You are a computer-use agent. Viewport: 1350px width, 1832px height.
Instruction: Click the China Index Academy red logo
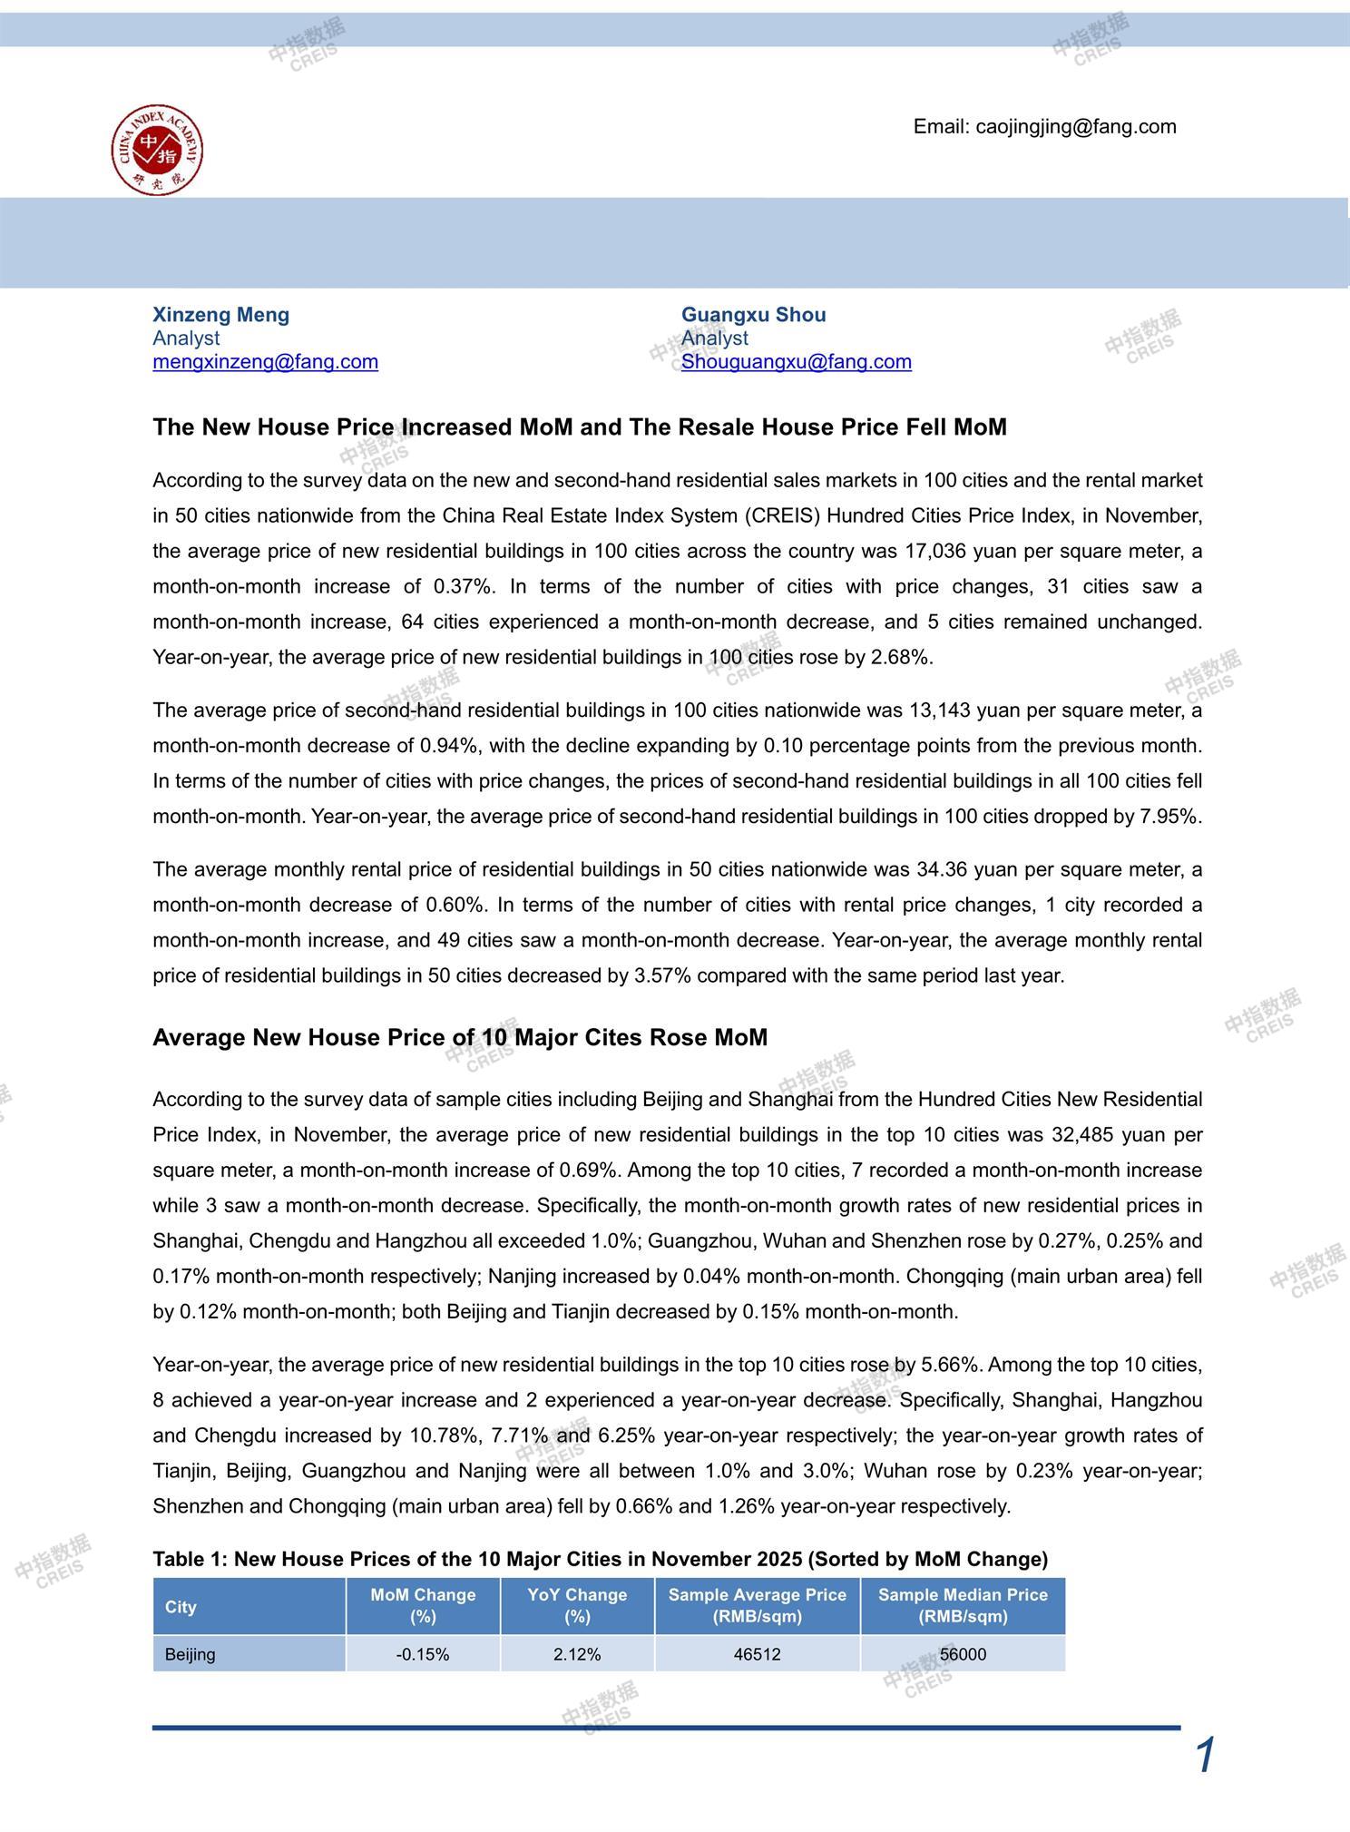coord(157,150)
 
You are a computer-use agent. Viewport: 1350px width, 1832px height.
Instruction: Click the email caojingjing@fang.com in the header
coord(1044,127)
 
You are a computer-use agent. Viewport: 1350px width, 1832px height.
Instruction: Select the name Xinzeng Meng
coord(220,315)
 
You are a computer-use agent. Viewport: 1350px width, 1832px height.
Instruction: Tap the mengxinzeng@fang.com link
coord(265,362)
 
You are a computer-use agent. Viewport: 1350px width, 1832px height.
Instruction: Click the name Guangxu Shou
coord(753,315)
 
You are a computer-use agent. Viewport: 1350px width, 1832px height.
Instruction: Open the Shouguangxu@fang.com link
coord(796,362)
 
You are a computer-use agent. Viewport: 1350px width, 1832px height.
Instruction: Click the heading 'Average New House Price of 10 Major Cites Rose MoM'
coord(459,1037)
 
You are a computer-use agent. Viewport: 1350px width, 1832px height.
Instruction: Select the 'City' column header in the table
coord(181,1607)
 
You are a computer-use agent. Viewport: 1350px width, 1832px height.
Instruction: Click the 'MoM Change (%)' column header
coord(423,1606)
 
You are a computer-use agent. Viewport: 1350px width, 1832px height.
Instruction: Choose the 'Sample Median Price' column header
coord(963,1606)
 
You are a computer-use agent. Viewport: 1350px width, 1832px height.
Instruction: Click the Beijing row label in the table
coord(191,1654)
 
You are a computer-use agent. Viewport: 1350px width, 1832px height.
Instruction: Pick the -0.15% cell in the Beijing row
coord(423,1654)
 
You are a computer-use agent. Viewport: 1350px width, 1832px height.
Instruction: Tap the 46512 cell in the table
coord(757,1654)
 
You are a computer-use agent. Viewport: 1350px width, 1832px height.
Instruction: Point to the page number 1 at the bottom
coord(1205,1756)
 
